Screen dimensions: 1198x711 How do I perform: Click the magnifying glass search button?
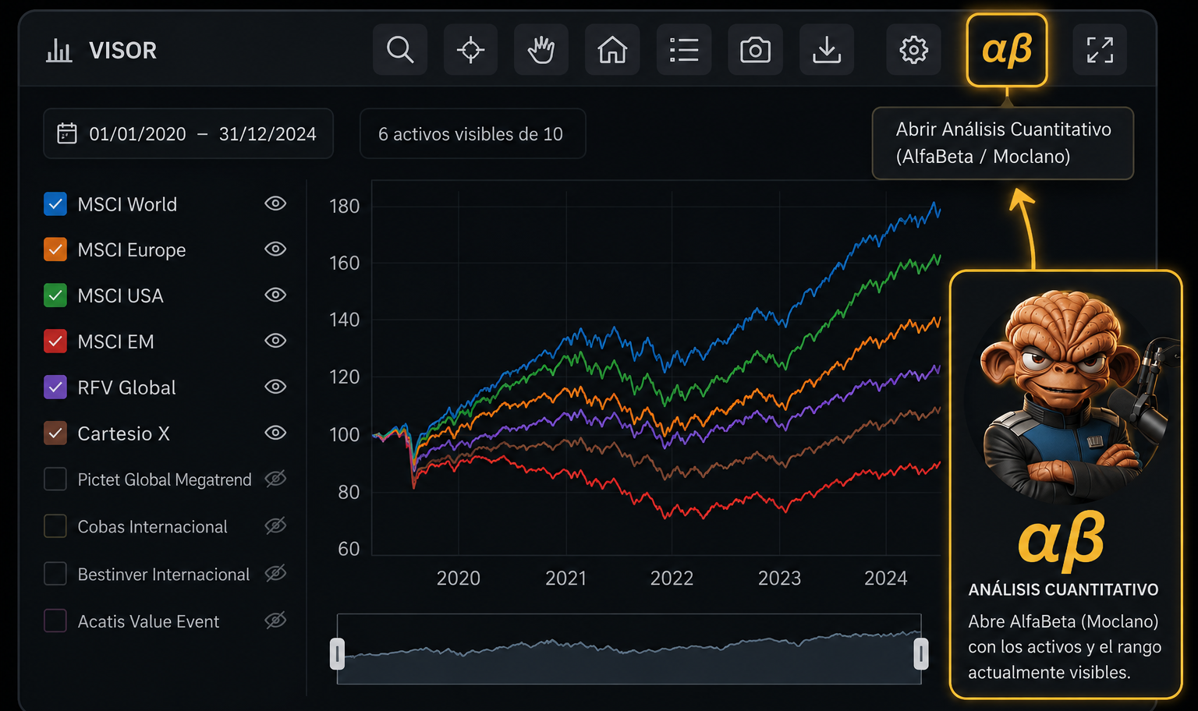400,50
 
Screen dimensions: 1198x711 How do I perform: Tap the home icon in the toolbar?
612,50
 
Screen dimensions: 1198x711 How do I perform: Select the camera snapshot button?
755,50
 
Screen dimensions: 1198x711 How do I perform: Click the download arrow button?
827,50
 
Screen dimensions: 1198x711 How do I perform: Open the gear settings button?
913,50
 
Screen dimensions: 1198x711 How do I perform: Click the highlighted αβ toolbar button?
1007,50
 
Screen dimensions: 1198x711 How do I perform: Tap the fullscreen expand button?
1100,50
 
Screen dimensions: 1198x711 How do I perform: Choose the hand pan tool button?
541,50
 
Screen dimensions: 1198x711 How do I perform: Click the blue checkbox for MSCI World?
55,203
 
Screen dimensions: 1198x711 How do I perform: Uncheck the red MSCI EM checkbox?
55,341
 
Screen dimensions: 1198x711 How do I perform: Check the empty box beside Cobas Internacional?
55,526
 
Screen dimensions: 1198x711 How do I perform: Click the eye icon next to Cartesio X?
275,433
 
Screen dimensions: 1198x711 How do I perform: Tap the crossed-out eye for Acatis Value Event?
275,620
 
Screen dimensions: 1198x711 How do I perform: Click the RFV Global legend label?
127,387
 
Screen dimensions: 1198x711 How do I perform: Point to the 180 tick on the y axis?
345,207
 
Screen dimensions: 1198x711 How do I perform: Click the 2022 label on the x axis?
672,578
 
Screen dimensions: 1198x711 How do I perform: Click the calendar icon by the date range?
67,133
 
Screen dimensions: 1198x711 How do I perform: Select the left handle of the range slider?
337,653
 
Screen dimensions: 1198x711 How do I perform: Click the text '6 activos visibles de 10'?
470,133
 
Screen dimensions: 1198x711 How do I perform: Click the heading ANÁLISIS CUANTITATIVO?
1063,589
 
